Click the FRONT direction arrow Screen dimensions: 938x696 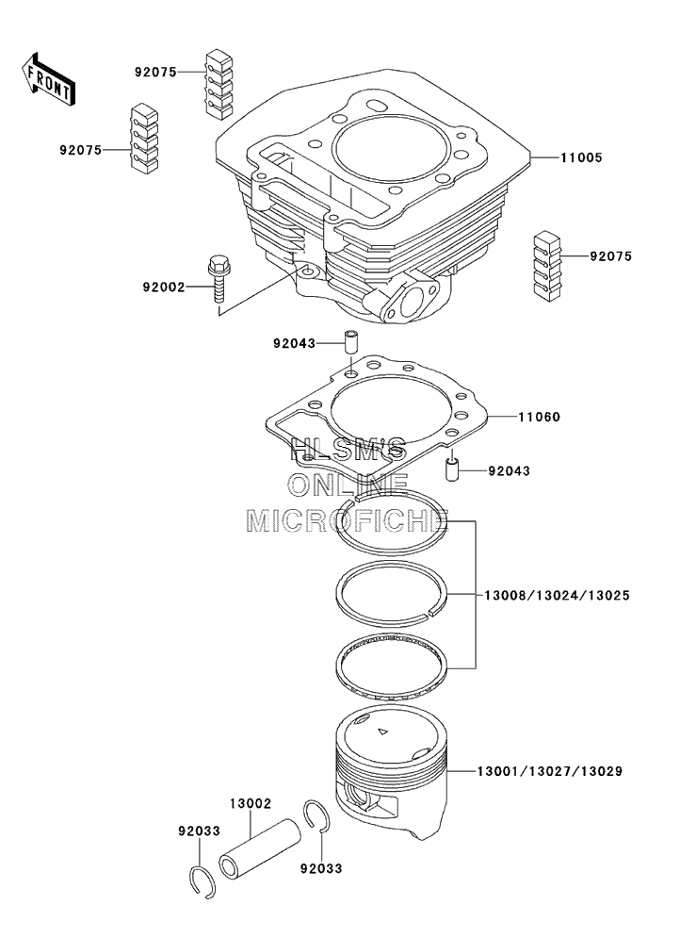(47, 78)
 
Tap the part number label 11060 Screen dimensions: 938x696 (541, 416)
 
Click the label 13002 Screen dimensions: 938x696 (251, 804)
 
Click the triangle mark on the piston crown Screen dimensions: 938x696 (381, 732)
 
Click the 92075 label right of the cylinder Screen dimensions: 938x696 (611, 256)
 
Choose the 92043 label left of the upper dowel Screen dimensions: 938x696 (295, 343)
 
